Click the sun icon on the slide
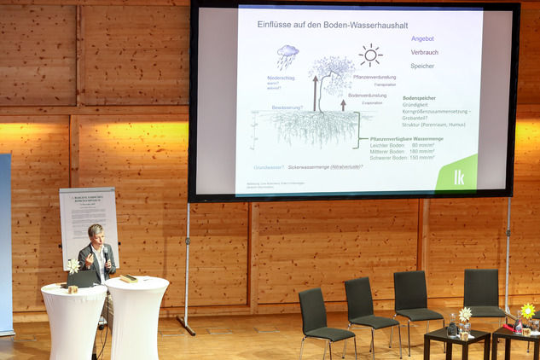(x=370, y=55)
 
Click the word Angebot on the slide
(x=422, y=38)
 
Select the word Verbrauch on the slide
(x=424, y=52)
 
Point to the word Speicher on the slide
(x=422, y=66)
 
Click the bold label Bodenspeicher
(x=419, y=98)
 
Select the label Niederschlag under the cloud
(x=281, y=78)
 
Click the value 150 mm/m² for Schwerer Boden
(x=421, y=157)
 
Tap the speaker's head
(x=96, y=234)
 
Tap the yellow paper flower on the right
(x=528, y=310)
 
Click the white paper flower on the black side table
(x=465, y=314)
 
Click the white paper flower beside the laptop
(x=73, y=266)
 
